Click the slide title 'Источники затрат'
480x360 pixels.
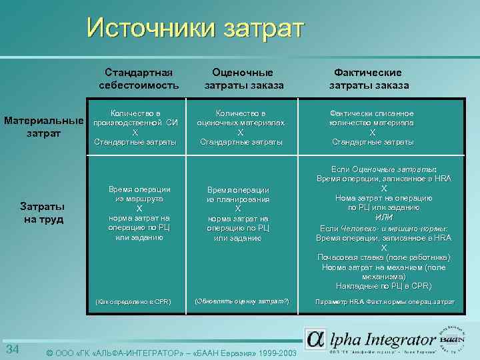(x=195, y=28)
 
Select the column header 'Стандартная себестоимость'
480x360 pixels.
(x=139, y=79)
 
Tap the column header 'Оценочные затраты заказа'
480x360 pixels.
(x=243, y=79)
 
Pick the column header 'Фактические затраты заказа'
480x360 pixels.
(x=369, y=79)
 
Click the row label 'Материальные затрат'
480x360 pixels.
(x=45, y=127)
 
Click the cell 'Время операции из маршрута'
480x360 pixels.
(x=139, y=194)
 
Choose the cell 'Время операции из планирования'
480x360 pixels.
(x=238, y=194)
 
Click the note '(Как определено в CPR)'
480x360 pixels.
(x=133, y=302)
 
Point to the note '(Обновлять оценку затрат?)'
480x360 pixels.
(x=241, y=302)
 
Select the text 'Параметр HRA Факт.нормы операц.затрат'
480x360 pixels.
(x=385, y=302)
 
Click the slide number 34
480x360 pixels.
(x=12, y=350)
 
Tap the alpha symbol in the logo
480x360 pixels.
(x=316, y=339)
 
